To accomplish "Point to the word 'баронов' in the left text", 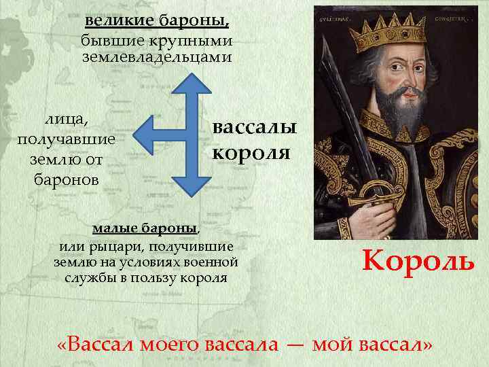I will pos(66,180).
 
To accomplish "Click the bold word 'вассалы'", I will pos(255,127).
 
